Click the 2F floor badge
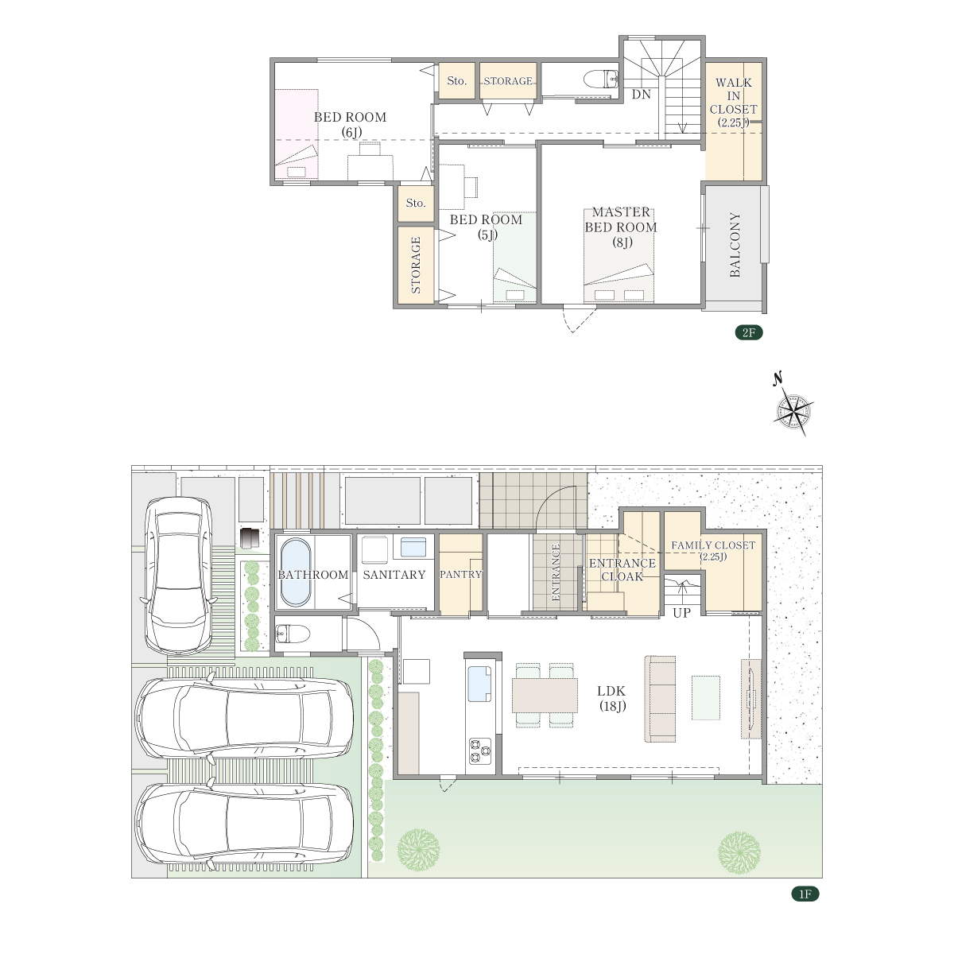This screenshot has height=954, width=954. coord(748,332)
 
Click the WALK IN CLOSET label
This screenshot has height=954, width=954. coord(733,103)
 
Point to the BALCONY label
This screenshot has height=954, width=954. coord(735,245)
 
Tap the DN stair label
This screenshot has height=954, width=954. coord(641,94)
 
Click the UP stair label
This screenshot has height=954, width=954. coord(681,612)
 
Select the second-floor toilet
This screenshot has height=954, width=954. coord(601,79)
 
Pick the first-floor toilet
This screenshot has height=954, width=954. coord(292,633)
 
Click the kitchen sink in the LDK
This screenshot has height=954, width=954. coord(479,684)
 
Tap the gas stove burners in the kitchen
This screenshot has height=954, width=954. coord(479,750)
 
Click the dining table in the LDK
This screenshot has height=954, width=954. coord(545,695)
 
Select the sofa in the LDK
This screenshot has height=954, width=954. coord(660,699)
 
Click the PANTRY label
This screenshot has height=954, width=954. coord(461,574)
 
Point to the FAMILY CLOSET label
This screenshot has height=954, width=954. coord(713,550)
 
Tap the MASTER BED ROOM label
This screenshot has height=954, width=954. coord(621,227)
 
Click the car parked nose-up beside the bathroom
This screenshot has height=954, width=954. coord(179,576)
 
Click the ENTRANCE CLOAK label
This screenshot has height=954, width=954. coord(622,569)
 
